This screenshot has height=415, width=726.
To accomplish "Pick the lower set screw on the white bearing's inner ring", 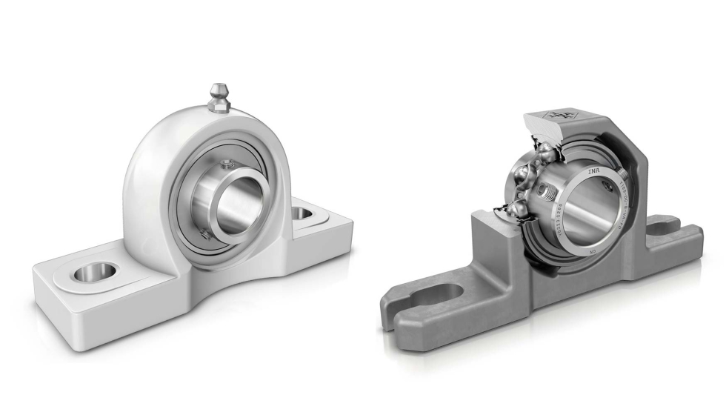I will (x=206, y=236).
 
